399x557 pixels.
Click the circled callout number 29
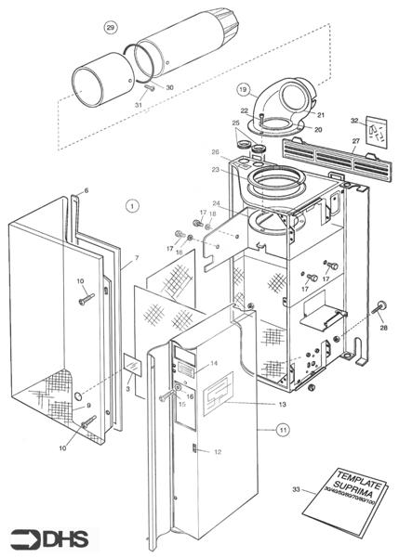pos(112,27)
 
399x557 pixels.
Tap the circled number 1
pos(132,205)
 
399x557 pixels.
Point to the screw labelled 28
pos(381,309)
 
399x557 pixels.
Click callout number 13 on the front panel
pos(281,406)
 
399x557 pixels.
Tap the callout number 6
pos(86,190)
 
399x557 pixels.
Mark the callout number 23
pos(215,169)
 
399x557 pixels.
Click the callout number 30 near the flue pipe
pos(170,87)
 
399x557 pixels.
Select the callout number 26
pos(215,153)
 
